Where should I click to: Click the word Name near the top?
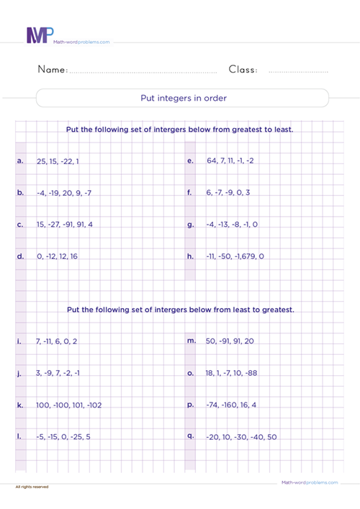(52, 70)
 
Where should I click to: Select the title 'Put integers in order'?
(182, 98)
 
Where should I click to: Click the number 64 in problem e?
(212, 161)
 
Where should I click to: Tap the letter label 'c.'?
(19, 225)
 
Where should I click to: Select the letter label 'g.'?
(191, 225)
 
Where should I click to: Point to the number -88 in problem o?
(249, 374)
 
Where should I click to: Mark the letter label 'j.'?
(19, 374)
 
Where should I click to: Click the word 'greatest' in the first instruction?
(239, 130)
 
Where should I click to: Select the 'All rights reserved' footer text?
(32, 487)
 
